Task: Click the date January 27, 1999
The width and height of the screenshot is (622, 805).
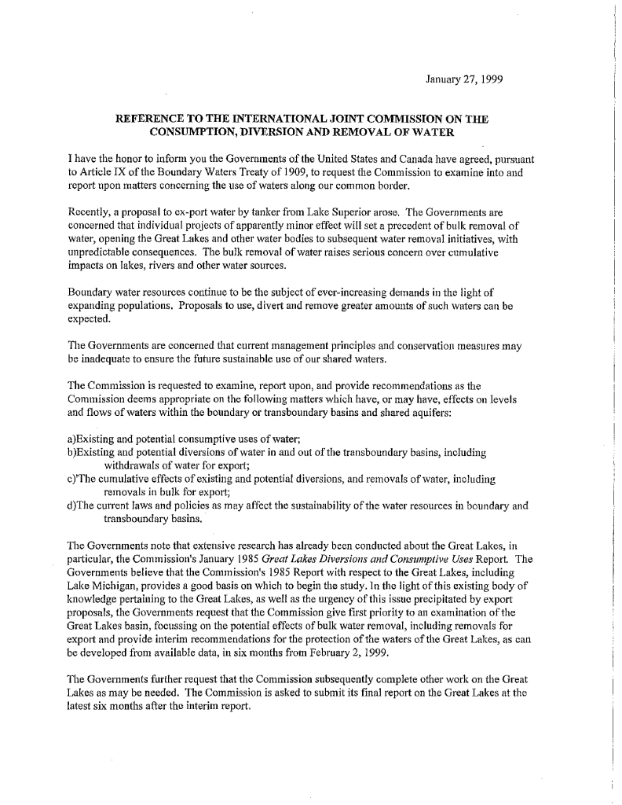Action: tap(464, 79)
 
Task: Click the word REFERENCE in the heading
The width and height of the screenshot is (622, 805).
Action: tap(152, 119)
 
